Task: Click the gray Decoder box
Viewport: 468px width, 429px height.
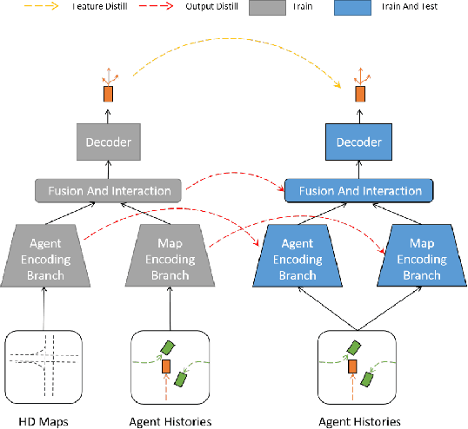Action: pos(107,140)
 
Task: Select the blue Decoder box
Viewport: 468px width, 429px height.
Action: pos(360,140)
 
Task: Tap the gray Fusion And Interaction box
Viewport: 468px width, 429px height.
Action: pos(107,190)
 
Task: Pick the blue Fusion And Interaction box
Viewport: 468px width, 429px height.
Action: pos(360,190)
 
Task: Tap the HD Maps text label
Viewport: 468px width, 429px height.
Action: pos(42,420)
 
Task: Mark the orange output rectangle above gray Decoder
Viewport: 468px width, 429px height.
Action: pos(108,94)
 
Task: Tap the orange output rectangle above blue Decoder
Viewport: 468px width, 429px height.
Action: pos(359,94)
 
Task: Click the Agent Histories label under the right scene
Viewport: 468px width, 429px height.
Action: pos(360,420)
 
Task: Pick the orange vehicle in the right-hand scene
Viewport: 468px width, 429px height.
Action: pos(353,367)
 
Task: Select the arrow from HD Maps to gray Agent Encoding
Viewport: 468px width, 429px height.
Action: pos(42,307)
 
